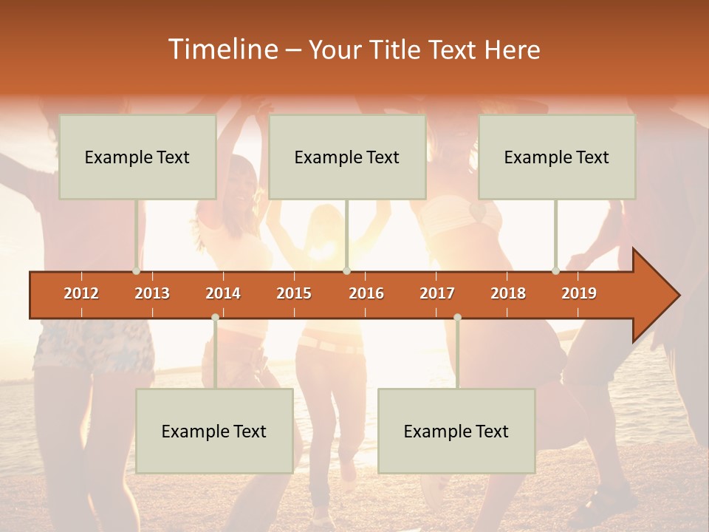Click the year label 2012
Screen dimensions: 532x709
[81, 293]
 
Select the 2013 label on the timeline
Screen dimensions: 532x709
[152, 293]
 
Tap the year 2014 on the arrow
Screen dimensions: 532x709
[223, 293]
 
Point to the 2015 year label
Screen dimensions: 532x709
[294, 293]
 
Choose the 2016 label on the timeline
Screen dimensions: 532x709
[366, 293]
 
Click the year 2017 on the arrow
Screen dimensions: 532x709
[437, 293]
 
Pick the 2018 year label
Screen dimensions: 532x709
[508, 293]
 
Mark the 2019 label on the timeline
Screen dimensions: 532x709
[579, 293]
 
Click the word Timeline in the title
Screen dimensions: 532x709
[222, 50]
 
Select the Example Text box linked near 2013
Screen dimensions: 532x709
[137, 157]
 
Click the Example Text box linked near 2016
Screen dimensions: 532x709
[347, 157]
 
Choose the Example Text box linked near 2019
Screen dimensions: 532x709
[557, 157]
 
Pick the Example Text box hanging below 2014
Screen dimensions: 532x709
[214, 431]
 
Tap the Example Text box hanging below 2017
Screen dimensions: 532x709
[456, 431]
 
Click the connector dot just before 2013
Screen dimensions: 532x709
[137, 271]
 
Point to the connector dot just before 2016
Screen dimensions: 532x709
[346, 271]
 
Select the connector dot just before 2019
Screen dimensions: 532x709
[556, 271]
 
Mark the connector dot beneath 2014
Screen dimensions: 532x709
[215, 318]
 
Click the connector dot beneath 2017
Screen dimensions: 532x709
[457, 318]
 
